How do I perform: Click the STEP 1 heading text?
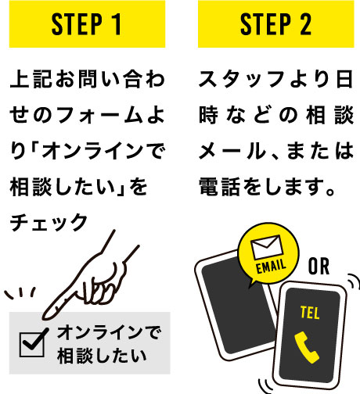[x=87, y=24]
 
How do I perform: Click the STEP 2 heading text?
[x=275, y=24]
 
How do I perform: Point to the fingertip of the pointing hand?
[x=45, y=317]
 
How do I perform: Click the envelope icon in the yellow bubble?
[x=266, y=247]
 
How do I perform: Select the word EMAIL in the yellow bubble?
[x=271, y=267]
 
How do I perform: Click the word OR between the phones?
[x=319, y=267]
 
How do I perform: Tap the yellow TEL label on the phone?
[x=310, y=313]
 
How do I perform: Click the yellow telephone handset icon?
[x=306, y=347]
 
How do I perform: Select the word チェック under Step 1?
[x=49, y=222]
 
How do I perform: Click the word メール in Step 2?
[x=232, y=151]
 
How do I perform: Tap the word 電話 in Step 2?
[x=219, y=187]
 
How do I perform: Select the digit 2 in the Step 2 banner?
[x=305, y=24]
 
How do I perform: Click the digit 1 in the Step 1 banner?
[x=117, y=24]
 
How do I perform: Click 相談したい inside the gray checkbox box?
[x=102, y=356]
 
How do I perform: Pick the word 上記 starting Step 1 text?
[x=31, y=79]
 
